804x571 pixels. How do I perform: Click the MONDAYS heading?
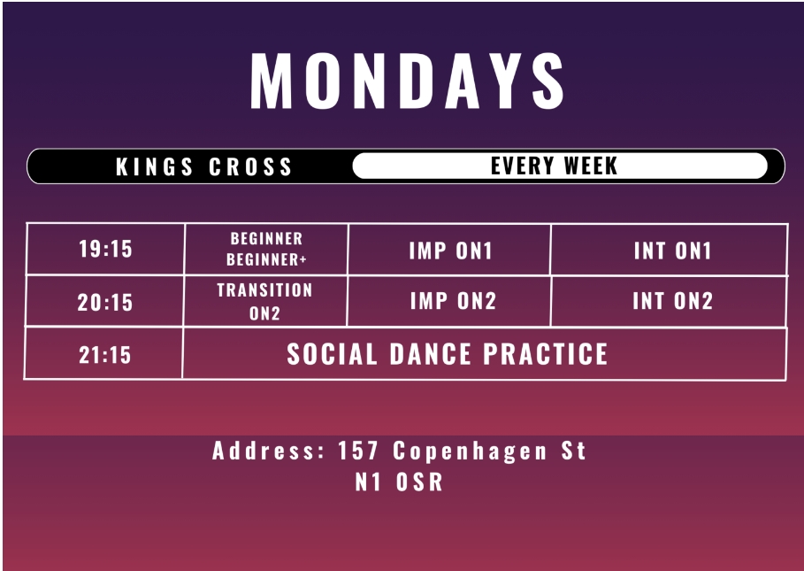pyautogui.click(x=408, y=81)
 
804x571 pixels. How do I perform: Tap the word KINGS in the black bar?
pyautogui.click(x=154, y=166)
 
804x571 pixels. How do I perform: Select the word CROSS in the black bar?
pyautogui.click(x=250, y=166)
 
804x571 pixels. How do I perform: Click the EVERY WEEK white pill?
pyautogui.click(x=560, y=166)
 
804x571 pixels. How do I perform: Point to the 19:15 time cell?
pyautogui.click(x=105, y=250)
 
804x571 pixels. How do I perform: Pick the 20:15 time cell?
pyautogui.click(x=105, y=302)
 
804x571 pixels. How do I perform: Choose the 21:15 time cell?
pyautogui.click(x=104, y=354)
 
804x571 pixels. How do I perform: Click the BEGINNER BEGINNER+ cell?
pyautogui.click(x=266, y=250)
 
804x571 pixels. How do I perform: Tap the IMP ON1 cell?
pyautogui.click(x=449, y=251)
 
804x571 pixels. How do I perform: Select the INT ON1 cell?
pyautogui.click(x=670, y=251)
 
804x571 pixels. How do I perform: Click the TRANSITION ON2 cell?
pyautogui.click(x=265, y=302)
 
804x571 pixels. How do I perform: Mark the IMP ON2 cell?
pyautogui.click(x=449, y=301)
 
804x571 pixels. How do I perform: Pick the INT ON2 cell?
pyautogui.click(x=670, y=301)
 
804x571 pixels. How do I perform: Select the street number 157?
pyautogui.click(x=358, y=451)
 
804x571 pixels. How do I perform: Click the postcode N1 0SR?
pyautogui.click(x=399, y=482)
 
